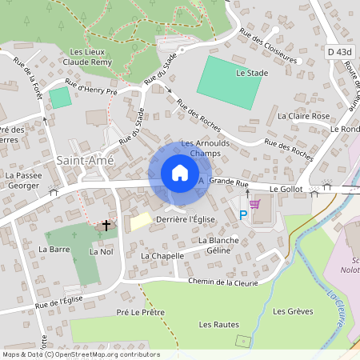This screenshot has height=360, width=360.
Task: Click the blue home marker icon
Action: click(x=180, y=173)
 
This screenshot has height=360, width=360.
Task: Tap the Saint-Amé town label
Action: click(x=85, y=160)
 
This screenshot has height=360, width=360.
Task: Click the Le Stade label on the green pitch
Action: click(x=251, y=72)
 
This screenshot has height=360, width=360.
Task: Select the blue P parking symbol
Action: click(x=243, y=214)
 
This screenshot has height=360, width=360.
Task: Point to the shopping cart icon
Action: click(x=254, y=204)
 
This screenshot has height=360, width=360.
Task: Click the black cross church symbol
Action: click(x=106, y=226)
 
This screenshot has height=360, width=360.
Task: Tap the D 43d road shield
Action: click(x=339, y=51)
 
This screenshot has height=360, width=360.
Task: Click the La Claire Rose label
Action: click(x=303, y=116)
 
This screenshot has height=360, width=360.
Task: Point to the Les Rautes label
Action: click(x=219, y=324)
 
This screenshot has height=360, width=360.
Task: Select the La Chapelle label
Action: click(x=162, y=256)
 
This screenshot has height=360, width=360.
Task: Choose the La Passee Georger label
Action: click(x=22, y=179)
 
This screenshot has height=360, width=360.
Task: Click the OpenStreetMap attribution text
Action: click(x=81, y=354)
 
